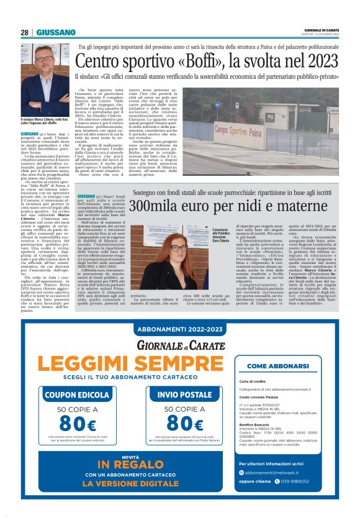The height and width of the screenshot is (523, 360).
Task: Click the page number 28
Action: coord(24,32)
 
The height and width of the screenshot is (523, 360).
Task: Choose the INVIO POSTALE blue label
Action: coord(167,394)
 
